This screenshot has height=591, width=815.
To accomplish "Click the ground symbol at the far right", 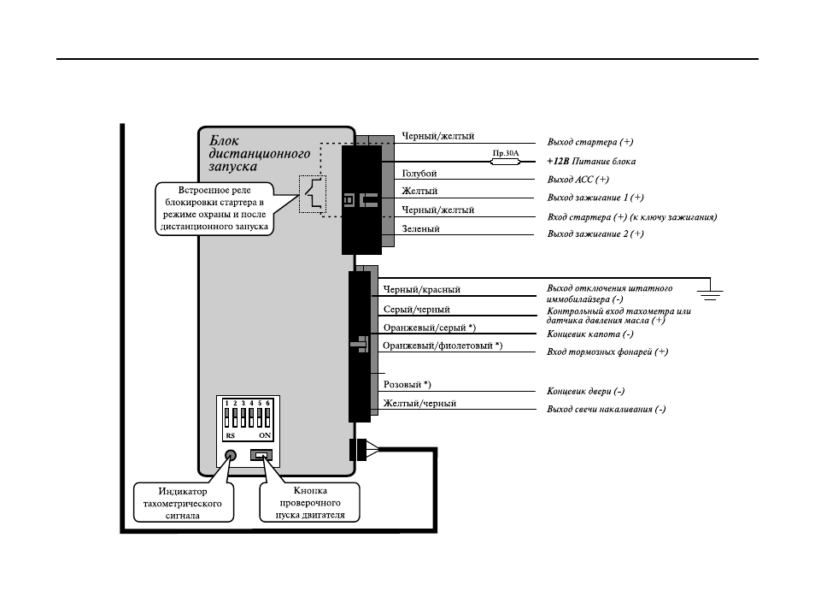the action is click(x=711, y=294).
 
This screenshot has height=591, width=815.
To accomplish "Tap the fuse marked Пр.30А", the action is click(x=505, y=162).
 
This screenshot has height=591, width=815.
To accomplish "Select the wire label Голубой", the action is click(x=419, y=174).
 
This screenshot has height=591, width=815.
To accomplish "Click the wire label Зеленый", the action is click(x=420, y=228).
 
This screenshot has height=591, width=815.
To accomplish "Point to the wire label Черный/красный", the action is click(x=421, y=289).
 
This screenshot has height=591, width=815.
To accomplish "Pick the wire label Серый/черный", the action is click(x=416, y=309).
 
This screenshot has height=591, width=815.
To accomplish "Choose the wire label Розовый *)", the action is click(x=407, y=385).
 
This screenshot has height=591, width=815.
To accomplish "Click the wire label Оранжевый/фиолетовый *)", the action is click(x=443, y=346).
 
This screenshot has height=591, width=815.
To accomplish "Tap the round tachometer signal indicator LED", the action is click(x=231, y=456).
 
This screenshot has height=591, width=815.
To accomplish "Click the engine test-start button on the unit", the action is click(x=261, y=455).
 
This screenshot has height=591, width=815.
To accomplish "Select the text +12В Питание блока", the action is click(x=591, y=162).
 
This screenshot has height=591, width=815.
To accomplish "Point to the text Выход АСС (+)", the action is click(x=578, y=180).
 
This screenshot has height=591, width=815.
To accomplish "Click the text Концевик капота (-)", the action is click(x=590, y=334).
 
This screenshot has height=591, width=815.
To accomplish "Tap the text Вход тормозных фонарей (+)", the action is click(x=607, y=352).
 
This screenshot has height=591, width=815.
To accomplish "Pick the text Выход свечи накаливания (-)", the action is click(x=606, y=409).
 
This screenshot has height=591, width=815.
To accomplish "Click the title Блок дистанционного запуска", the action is click(x=260, y=153).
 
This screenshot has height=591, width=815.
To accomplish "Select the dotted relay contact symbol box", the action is click(x=313, y=194).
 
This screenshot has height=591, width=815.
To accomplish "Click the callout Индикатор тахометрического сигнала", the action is click(x=183, y=503).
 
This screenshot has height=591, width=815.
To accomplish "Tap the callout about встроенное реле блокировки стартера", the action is click(x=214, y=209).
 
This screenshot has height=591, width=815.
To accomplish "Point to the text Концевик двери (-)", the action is click(x=586, y=391).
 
